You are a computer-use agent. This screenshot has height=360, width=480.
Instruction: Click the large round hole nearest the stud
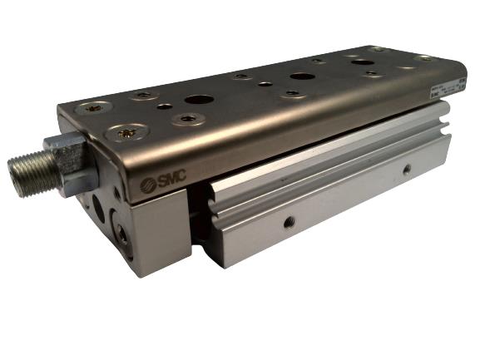click(x=198, y=100)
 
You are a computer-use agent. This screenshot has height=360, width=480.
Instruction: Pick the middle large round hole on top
click(x=301, y=76)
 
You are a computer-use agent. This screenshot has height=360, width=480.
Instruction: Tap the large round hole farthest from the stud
click(x=362, y=62)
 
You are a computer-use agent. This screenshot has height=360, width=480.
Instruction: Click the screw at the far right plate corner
click(x=424, y=58)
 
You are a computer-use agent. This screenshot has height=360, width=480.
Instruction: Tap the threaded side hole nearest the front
click(x=289, y=221)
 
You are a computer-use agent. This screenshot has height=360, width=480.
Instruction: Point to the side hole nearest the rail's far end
click(x=406, y=170)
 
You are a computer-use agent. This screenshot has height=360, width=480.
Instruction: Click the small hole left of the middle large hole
click(x=265, y=83)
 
